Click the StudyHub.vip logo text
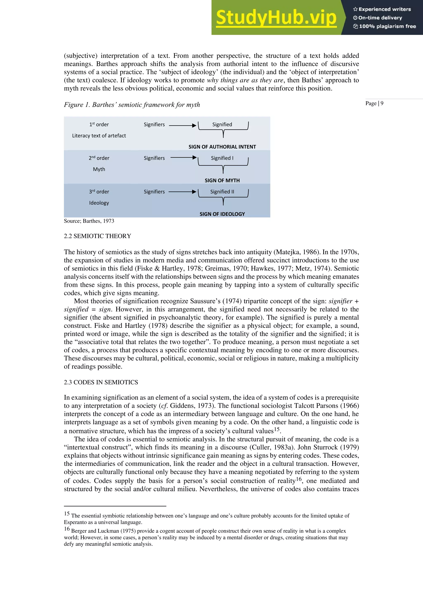click(x=276, y=18)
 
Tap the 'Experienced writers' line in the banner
click(x=382, y=9)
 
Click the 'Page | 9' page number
click(x=374, y=103)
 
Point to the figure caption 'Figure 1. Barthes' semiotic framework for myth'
click(x=132, y=105)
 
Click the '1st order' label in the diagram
click(x=99, y=125)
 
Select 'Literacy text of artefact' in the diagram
click(x=99, y=136)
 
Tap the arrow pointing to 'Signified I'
click(x=183, y=157)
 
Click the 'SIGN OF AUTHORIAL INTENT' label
click(x=222, y=147)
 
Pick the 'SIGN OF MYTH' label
click(x=222, y=181)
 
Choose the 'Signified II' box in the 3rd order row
click(x=222, y=192)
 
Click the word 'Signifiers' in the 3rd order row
click(x=154, y=192)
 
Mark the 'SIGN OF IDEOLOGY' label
click(x=222, y=214)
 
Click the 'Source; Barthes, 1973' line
click(x=89, y=221)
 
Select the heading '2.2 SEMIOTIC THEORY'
click(x=97, y=236)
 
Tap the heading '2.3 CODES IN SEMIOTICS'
click(x=101, y=382)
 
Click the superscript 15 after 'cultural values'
click(x=277, y=429)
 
